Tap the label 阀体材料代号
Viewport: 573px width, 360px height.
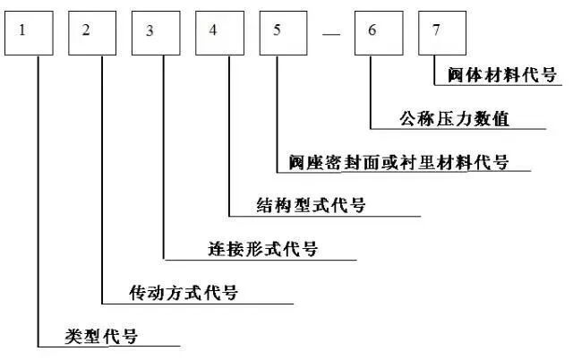click(x=502, y=74)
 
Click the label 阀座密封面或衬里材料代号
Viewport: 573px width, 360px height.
click(x=398, y=162)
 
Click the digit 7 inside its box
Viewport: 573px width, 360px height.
click(x=436, y=30)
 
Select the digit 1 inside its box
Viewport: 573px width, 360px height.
click(x=23, y=30)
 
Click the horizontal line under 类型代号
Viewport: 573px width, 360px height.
click(x=107, y=347)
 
